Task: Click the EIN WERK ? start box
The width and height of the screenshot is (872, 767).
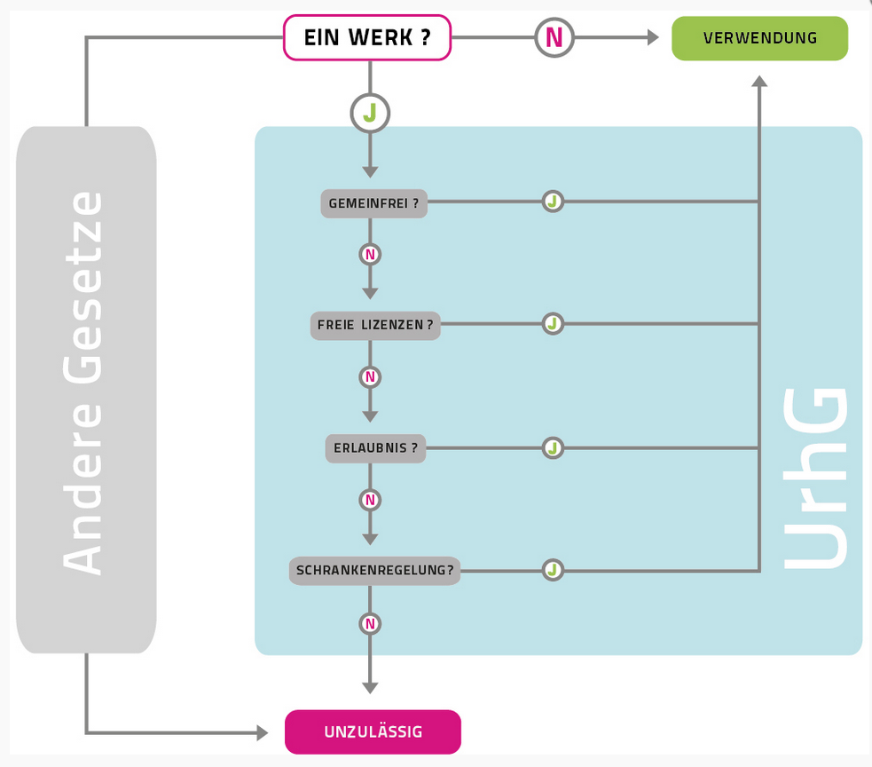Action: [366, 38]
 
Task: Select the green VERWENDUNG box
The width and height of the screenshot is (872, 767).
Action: [759, 38]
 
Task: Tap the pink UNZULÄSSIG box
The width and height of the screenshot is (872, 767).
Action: [373, 732]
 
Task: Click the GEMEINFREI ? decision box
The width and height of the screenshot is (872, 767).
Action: [373, 203]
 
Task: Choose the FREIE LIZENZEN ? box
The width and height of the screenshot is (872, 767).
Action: [375, 326]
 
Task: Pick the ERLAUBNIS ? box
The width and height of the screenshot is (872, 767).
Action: [375, 448]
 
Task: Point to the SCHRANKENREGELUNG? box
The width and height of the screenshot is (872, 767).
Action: [374, 570]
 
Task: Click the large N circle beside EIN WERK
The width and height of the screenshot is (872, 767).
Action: [554, 37]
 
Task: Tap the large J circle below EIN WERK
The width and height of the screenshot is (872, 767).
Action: [370, 114]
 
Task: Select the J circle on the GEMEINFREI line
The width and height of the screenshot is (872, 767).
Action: [553, 202]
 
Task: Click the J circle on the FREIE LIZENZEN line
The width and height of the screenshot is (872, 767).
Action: [553, 324]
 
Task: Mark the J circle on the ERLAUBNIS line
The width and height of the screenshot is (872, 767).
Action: [553, 447]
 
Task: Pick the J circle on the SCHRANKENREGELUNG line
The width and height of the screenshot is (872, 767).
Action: [553, 570]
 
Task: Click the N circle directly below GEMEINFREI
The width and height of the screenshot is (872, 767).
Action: [370, 255]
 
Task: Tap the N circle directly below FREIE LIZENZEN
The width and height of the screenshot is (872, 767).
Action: [370, 377]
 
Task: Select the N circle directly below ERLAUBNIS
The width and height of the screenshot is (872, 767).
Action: [370, 500]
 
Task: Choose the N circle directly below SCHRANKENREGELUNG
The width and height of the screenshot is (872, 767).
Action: [370, 624]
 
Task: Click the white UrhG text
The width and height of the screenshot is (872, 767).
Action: [816, 479]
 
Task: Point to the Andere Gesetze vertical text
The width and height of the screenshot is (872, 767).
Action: [83, 382]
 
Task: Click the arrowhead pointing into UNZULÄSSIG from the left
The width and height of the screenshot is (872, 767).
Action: [262, 732]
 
